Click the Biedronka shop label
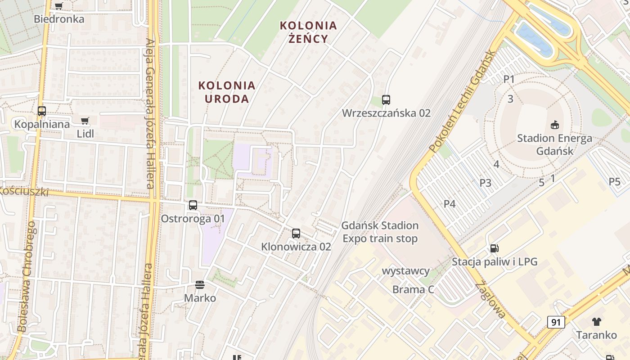59,19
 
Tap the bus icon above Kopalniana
42,111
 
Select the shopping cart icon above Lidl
85,121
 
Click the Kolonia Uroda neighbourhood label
227,92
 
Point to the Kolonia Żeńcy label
308,31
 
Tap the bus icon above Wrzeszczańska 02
386,100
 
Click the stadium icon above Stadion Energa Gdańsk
554,125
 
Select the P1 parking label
509,79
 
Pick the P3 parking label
485,183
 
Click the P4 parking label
450,204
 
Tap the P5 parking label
614,182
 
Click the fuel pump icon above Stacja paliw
494,248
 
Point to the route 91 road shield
556,322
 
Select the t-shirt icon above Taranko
597,321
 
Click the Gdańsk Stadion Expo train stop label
380,232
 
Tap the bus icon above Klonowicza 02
296,233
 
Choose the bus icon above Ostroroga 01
193,205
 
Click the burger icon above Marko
200,284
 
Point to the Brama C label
413,289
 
